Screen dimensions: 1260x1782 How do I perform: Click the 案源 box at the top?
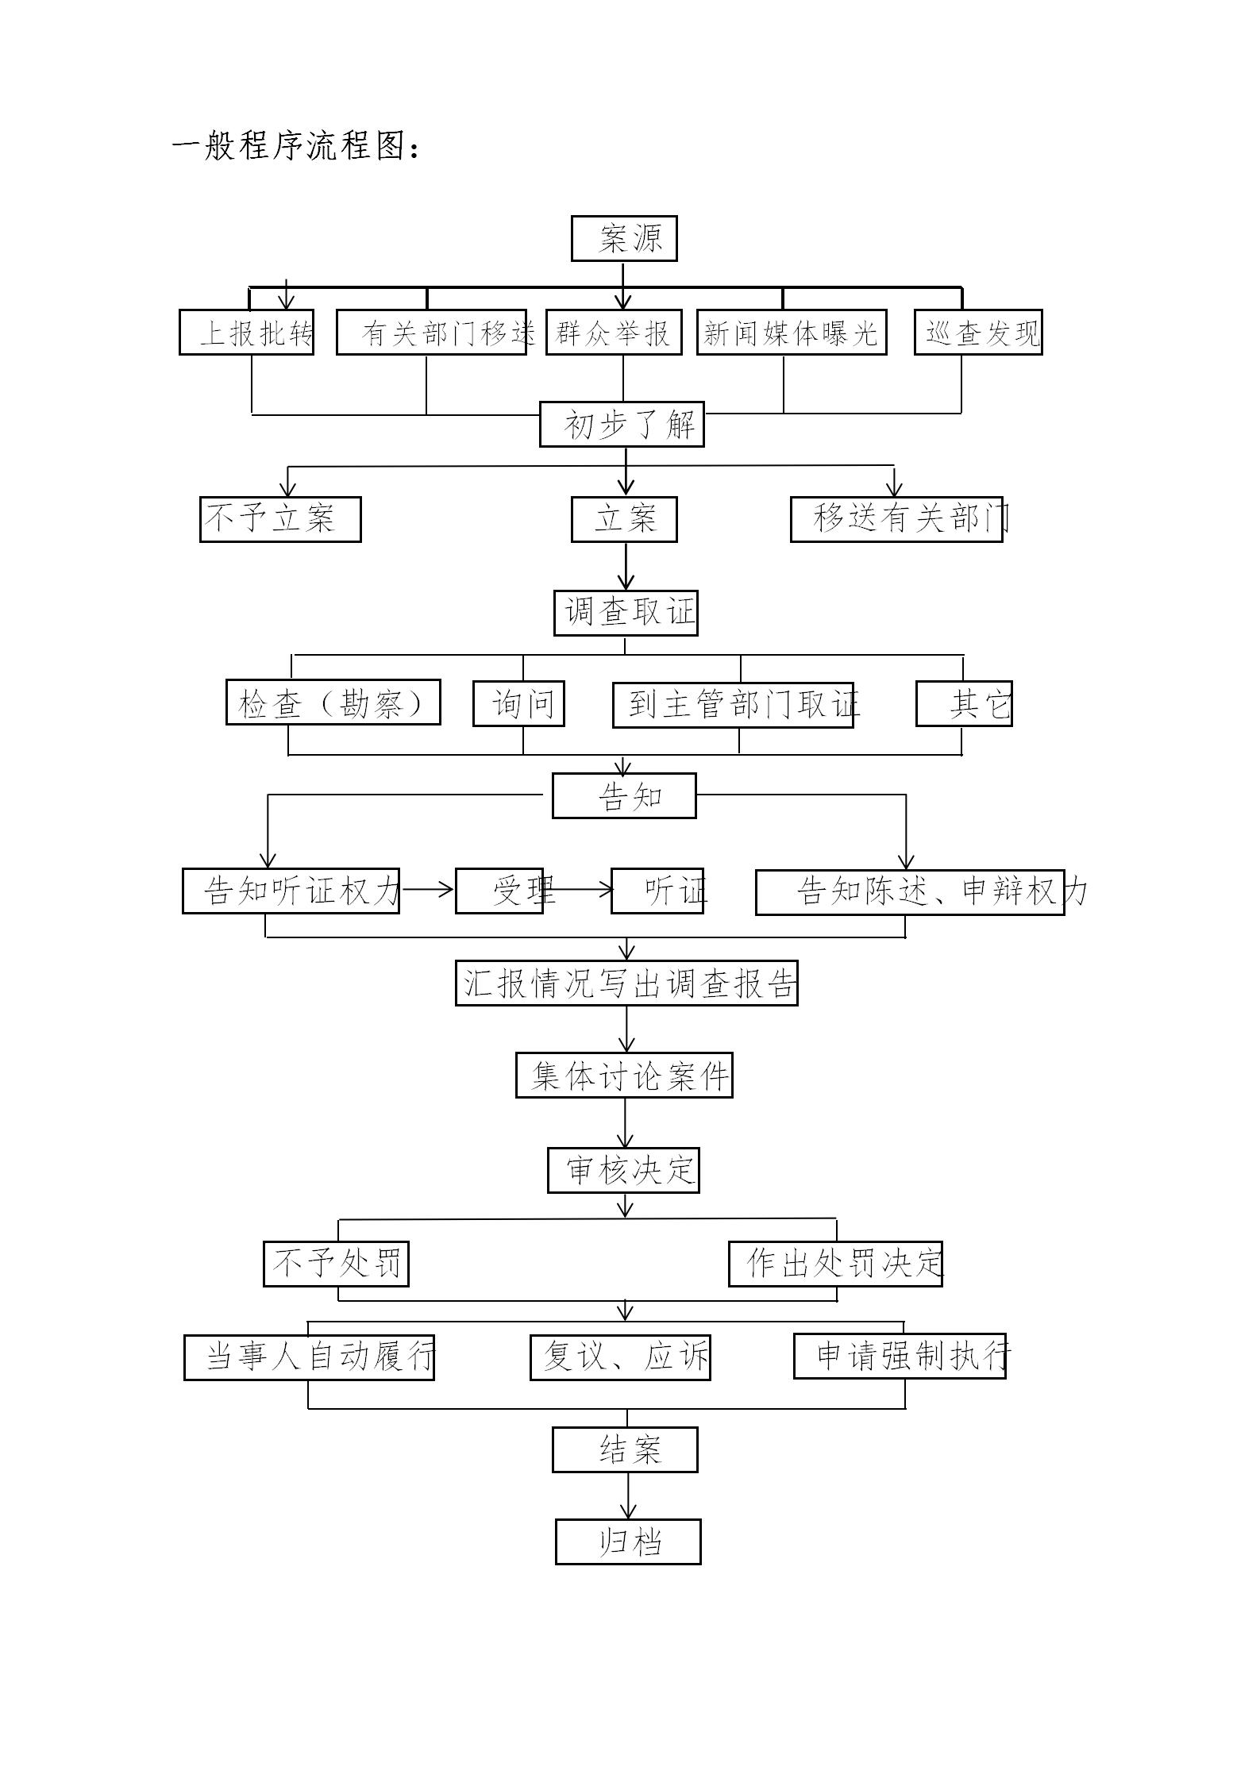[624, 238]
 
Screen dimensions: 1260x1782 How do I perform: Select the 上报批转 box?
[246, 332]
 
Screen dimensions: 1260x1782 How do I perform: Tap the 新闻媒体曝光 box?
[792, 332]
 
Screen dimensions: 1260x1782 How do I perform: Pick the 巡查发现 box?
[978, 332]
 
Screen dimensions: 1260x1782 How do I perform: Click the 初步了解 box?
[622, 424]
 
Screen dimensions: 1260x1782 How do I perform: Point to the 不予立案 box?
[280, 519]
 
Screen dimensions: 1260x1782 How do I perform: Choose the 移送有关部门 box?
[897, 519]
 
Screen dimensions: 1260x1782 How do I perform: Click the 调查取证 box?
[626, 613]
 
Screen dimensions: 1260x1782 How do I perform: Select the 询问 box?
[518, 703]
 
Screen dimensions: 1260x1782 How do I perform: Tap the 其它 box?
[964, 703]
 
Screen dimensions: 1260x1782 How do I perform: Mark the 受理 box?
[499, 891]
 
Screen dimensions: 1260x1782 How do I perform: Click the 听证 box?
[657, 891]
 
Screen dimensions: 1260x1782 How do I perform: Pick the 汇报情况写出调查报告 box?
[626, 983]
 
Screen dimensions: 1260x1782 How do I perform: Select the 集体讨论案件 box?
[624, 1076]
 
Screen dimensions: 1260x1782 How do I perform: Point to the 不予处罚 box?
[336, 1264]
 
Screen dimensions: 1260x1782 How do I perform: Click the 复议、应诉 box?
[620, 1357]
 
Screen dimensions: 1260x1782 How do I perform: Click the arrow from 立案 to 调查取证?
[626, 566]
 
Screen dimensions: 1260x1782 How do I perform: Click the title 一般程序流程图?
[295, 146]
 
